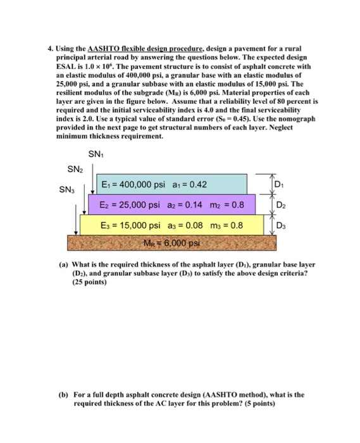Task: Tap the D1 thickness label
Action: [x=281, y=184]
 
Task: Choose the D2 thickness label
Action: [x=281, y=206]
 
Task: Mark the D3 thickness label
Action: [x=281, y=226]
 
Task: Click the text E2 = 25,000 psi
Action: [x=128, y=206]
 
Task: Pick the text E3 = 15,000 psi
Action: [x=130, y=226]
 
